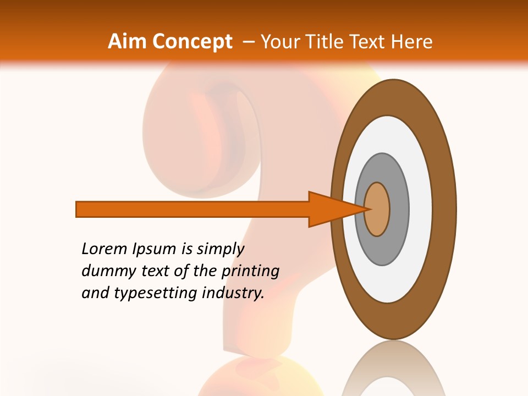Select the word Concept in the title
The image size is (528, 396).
click(x=191, y=42)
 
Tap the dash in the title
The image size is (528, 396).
click(x=249, y=41)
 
